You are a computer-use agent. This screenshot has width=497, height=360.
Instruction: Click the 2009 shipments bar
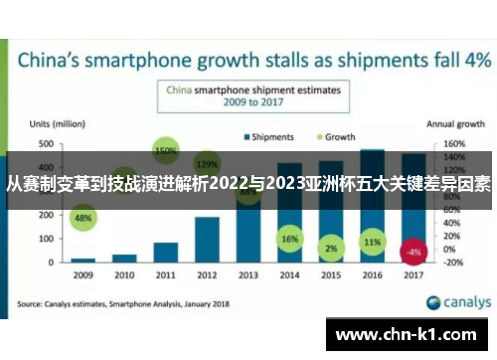point(83,259)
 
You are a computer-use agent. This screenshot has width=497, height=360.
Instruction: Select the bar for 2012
point(207,239)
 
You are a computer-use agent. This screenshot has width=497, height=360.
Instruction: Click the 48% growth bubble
point(83,218)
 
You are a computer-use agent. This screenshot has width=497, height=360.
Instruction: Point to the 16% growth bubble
point(289,240)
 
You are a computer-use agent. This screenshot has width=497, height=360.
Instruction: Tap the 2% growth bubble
point(331,248)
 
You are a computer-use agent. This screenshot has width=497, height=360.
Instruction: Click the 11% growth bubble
point(372,242)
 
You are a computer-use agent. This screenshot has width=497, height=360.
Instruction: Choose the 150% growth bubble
point(166,151)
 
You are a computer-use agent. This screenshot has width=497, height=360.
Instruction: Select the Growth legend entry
point(335,135)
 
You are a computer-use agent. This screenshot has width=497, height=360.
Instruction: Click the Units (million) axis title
point(56,125)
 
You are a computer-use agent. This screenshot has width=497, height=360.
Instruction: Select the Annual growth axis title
point(455,125)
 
